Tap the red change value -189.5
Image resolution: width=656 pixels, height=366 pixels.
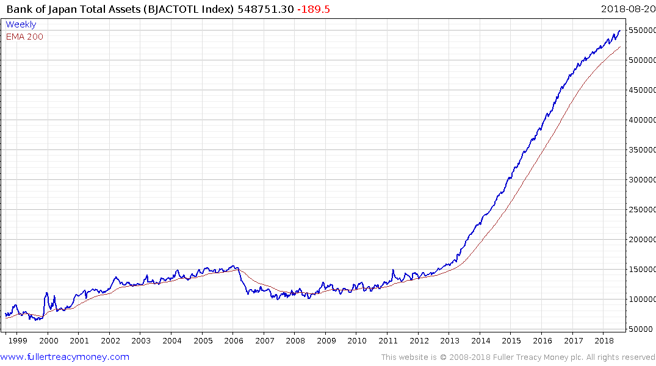tap(310, 9)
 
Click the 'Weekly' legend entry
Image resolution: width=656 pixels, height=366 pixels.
tap(21, 24)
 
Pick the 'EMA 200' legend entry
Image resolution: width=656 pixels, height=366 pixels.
tap(24, 37)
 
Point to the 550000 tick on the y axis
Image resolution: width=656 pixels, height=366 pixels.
tap(642, 30)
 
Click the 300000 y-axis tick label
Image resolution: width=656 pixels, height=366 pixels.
tap(642, 180)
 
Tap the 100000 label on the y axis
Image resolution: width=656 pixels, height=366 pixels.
tap(642, 300)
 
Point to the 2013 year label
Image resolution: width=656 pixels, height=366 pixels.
tap(449, 341)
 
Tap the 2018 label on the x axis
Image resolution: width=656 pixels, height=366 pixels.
tap(604, 341)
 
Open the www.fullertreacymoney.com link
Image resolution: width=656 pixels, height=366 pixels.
tap(65, 357)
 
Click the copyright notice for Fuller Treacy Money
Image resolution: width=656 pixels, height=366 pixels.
tap(518, 357)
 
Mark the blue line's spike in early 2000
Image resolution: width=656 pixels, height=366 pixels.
tap(46, 293)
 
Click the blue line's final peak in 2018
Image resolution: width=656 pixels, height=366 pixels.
tap(619, 30)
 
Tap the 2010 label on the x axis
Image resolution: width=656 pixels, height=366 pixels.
tap(357, 341)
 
